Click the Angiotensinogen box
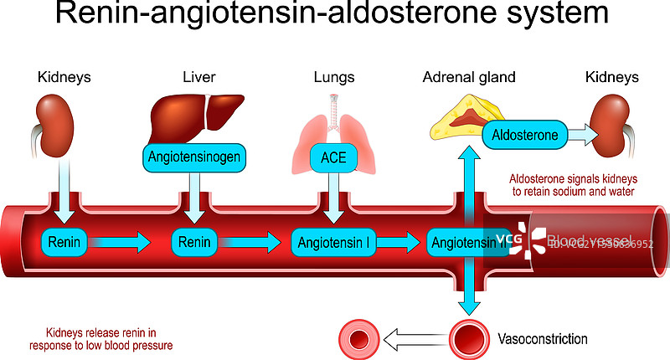click(194, 157)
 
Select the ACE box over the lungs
click(333, 157)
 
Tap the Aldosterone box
click(525, 135)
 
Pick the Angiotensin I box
click(333, 243)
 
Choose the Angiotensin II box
click(466, 243)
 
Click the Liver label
click(199, 77)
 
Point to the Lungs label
click(333, 77)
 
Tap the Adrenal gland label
click(469, 77)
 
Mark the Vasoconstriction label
click(543, 339)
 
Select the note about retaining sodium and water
click(572, 185)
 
